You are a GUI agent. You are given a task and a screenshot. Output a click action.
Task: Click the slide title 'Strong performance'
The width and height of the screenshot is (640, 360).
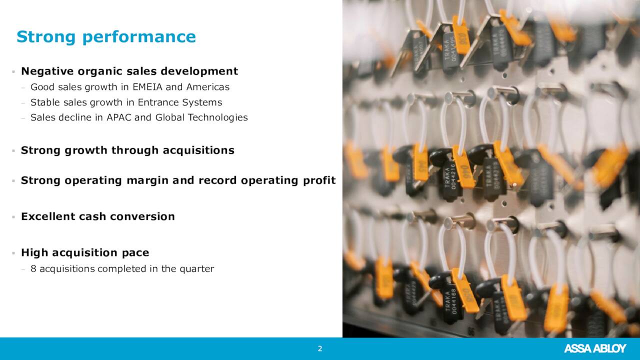(x=106, y=37)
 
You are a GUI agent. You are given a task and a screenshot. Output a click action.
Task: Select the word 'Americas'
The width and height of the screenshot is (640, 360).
(x=207, y=87)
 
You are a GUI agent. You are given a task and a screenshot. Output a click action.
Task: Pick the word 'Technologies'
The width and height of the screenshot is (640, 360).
(x=217, y=118)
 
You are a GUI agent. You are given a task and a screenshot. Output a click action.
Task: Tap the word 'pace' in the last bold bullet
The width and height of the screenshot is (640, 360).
(x=135, y=253)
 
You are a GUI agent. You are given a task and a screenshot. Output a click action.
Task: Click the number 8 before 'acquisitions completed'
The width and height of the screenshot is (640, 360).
(x=33, y=269)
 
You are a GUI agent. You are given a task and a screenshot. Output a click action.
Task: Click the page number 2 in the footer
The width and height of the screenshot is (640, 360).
(x=320, y=348)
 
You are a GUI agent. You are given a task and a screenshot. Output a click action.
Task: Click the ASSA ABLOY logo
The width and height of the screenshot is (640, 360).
(x=595, y=348)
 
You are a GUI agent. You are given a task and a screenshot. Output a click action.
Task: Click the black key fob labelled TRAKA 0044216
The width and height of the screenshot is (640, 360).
(x=449, y=177)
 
